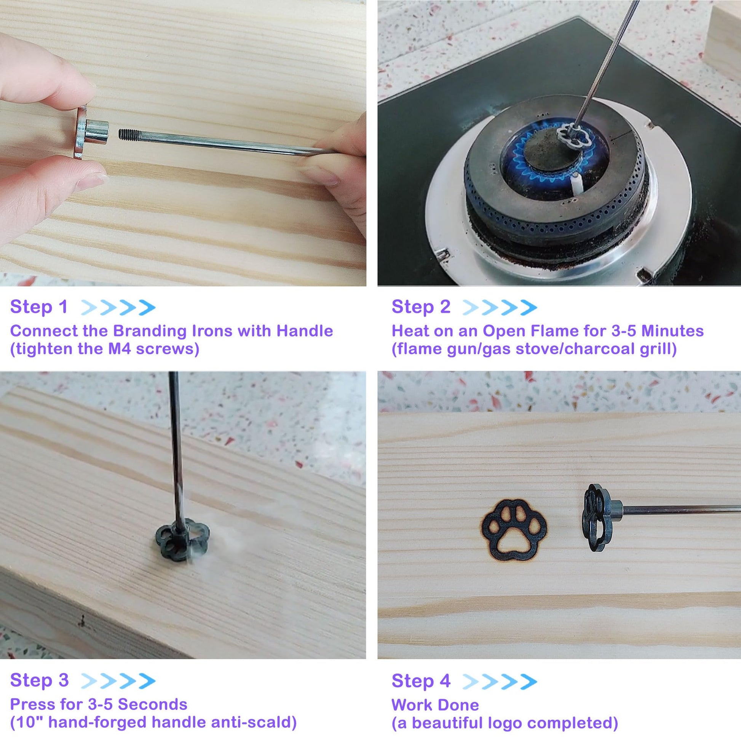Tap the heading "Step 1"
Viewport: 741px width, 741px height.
(x=39, y=307)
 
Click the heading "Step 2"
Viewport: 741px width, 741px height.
(x=421, y=307)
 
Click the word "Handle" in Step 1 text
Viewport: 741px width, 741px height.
(x=305, y=331)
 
